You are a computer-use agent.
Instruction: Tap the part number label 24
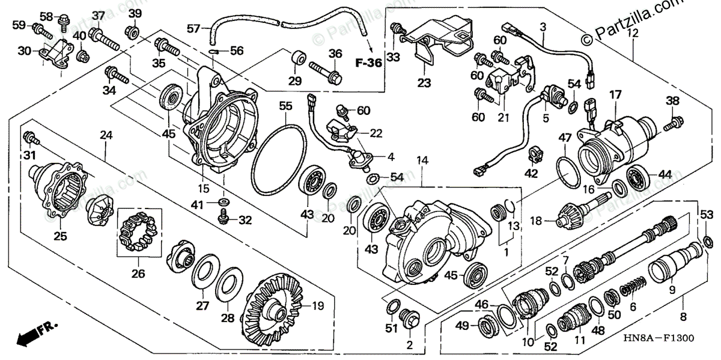(x=106, y=136)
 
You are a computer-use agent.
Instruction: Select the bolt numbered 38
(x=672, y=126)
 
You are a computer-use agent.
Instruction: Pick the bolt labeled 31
(x=32, y=139)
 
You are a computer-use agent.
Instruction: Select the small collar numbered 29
(x=296, y=61)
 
